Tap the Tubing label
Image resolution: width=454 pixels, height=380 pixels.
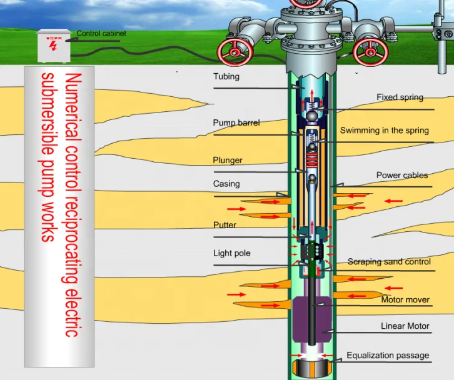(226, 77)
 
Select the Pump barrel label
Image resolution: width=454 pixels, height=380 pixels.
(236, 123)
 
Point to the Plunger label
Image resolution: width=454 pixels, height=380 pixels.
(228, 161)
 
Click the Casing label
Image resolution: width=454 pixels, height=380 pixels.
(226, 184)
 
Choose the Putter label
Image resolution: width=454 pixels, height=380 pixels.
(224, 225)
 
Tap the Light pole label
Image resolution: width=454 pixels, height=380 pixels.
(231, 253)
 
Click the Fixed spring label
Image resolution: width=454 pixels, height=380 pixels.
(400, 97)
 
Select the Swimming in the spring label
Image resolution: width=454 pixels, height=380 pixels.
(384, 131)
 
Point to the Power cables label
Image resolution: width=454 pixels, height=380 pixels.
(401, 176)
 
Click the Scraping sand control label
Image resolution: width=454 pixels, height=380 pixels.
(389, 262)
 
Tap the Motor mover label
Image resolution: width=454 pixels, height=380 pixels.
(405, 300)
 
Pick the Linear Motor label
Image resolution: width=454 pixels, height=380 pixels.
(405, 326)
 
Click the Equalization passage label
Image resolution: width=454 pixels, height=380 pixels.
(388, 356)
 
